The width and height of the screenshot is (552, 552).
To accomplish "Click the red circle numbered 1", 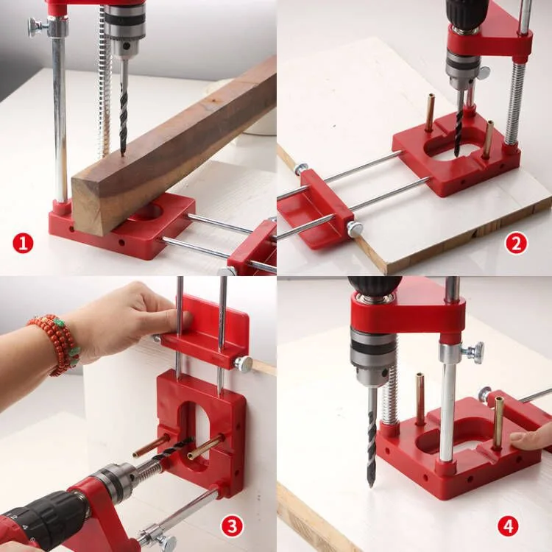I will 24,243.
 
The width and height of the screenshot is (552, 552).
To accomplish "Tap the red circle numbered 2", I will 516,243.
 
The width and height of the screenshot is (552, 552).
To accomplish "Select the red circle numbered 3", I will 233,525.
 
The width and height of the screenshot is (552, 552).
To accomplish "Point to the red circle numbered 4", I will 508,526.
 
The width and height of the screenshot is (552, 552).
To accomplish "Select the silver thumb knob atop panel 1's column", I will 36,26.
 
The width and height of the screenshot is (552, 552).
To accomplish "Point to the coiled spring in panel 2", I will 516,103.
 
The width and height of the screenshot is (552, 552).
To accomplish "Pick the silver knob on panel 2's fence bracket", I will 355,228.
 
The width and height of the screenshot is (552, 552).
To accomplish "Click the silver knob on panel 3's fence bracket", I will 243,363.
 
